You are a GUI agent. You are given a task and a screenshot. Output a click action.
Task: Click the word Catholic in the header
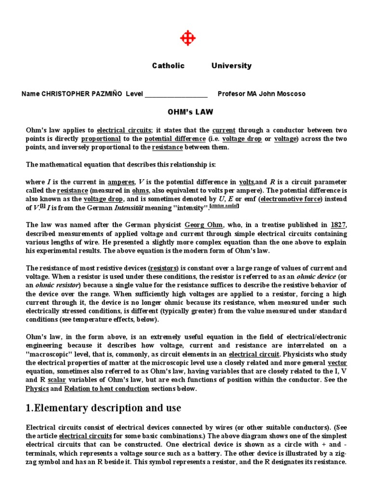[168, 66]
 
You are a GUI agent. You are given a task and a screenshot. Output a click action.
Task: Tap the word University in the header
[231, 66]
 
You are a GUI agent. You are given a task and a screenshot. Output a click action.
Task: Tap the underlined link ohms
[140, 191]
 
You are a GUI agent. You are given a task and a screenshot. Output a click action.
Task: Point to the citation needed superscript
[225, 206]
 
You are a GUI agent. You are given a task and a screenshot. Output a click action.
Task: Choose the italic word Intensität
[133, 208]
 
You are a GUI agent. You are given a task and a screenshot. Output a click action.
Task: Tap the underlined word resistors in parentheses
[164, 268]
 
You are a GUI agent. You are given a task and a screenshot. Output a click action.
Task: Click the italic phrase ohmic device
[317, 276]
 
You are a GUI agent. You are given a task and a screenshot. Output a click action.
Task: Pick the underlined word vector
[337, 363]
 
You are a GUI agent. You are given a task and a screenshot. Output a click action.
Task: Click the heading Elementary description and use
[104, 408]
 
